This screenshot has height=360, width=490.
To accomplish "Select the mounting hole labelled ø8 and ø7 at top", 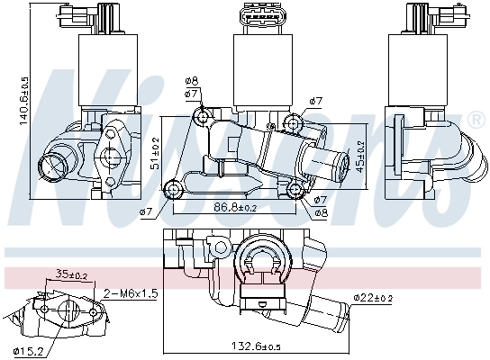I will (x=203, y=117).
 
